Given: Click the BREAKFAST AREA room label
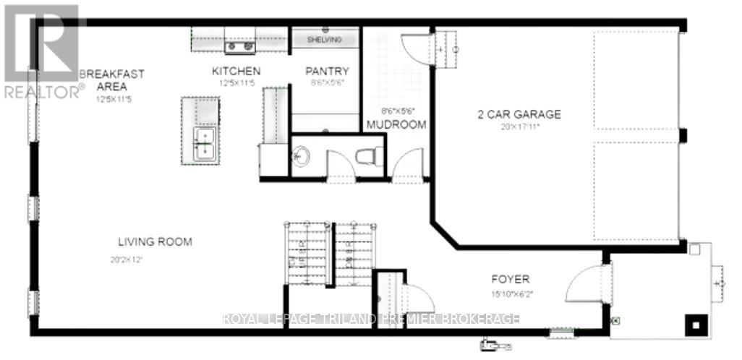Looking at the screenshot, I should click(112, 80).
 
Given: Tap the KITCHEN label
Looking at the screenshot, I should click(236, 72).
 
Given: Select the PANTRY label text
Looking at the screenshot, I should click(327, 72).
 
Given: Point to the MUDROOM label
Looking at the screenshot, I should click(396, 124).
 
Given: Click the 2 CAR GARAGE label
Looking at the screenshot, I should click(519, 114).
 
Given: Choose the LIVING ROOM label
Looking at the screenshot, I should click(155, 241).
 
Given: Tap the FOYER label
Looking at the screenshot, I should click(511, 279).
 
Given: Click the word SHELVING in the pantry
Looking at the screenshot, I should click(325, 40).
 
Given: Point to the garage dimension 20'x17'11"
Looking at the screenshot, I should click(520, 127).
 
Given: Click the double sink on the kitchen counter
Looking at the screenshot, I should click(241, 48).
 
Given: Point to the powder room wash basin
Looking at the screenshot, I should click(300, 155).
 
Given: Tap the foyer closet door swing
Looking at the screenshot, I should click(417, 298).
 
